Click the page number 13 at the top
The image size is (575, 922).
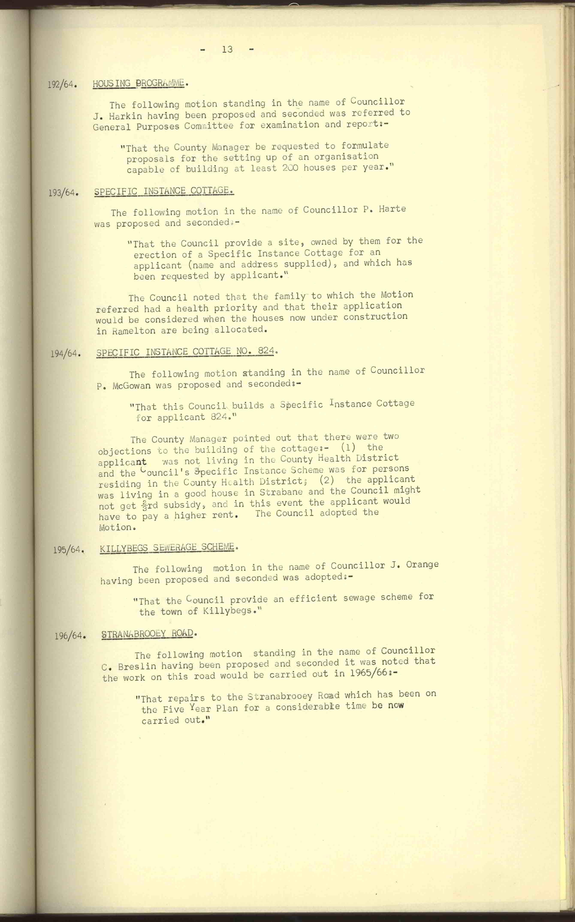point(227,49)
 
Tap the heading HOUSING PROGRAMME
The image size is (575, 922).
point(139,83)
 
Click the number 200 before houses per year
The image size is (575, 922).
point(290,168)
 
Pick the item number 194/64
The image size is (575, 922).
point(65,354)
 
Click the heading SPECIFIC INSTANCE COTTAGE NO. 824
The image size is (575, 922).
point(185,352)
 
